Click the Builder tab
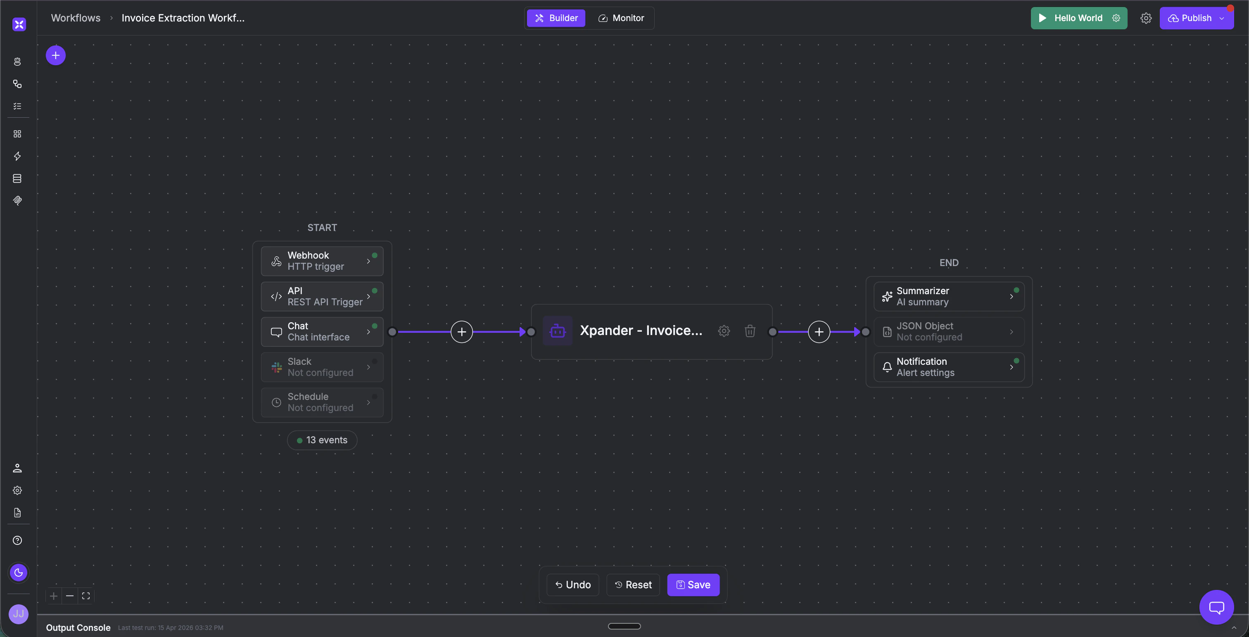pos(556,18)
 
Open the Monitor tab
pos(621,18)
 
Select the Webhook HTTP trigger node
pos(322,261)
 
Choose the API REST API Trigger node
pos(322,296)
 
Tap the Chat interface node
pos(322,332)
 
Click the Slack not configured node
pos(322,367)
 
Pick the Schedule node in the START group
pos(322,402)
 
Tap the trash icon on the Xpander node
pos(750,331)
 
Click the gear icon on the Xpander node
pos(724,331)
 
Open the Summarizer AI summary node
pos(949,296)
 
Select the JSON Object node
pos(949,332)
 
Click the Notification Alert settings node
pos(949,367)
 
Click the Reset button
pos(633,585)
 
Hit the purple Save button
pos(693,585)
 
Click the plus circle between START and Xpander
pos(462,332)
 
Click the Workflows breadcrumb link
pos(76,18)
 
